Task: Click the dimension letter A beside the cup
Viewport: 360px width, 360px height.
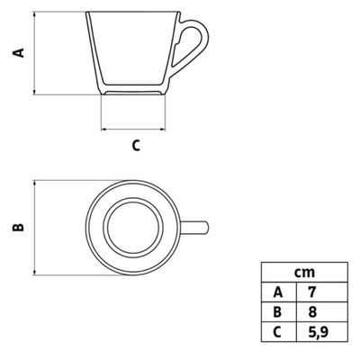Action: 18,52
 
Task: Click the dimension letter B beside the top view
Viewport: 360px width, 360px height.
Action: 18,228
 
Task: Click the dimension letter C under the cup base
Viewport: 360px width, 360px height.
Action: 136,146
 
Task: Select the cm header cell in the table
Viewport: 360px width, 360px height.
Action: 304,273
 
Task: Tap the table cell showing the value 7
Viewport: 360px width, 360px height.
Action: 322,292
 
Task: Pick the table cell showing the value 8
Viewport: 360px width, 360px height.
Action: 322,312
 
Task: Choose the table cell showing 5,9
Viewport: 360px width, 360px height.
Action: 322,332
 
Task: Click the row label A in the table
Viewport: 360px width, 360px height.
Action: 279,292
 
